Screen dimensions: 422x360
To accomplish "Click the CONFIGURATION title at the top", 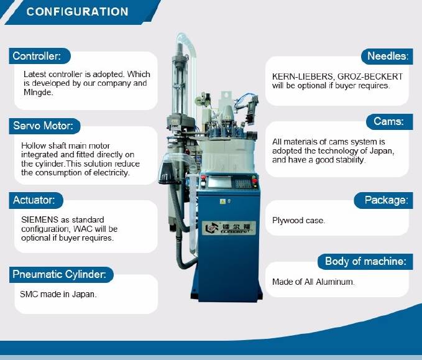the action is pos(78,12).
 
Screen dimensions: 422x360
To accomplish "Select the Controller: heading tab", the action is pos(40,56).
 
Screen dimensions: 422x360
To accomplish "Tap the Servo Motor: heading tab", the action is pos(44,126).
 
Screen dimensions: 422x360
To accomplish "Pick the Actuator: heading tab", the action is pos(36,200).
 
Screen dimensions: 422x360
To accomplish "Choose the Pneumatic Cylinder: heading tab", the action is pos(61,274).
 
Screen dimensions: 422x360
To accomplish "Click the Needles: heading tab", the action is pos(387,57).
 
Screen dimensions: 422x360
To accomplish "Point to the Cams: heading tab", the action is pos(390,122).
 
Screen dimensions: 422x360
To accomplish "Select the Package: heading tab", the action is pos(383,200).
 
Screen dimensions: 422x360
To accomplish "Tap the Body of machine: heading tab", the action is pos(365,262).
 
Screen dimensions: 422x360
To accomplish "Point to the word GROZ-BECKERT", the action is pos(370,76).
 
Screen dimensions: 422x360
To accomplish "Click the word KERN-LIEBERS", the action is pos(302,76).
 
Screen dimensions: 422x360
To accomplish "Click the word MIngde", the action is pos(38,93).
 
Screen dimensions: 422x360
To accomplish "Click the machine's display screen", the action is pos(219,182).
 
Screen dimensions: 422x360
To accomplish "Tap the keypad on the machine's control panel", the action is pos(242,183).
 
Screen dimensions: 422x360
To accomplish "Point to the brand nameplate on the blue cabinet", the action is pos(229,228).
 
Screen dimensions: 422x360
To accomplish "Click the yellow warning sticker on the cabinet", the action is pos(222,201).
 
